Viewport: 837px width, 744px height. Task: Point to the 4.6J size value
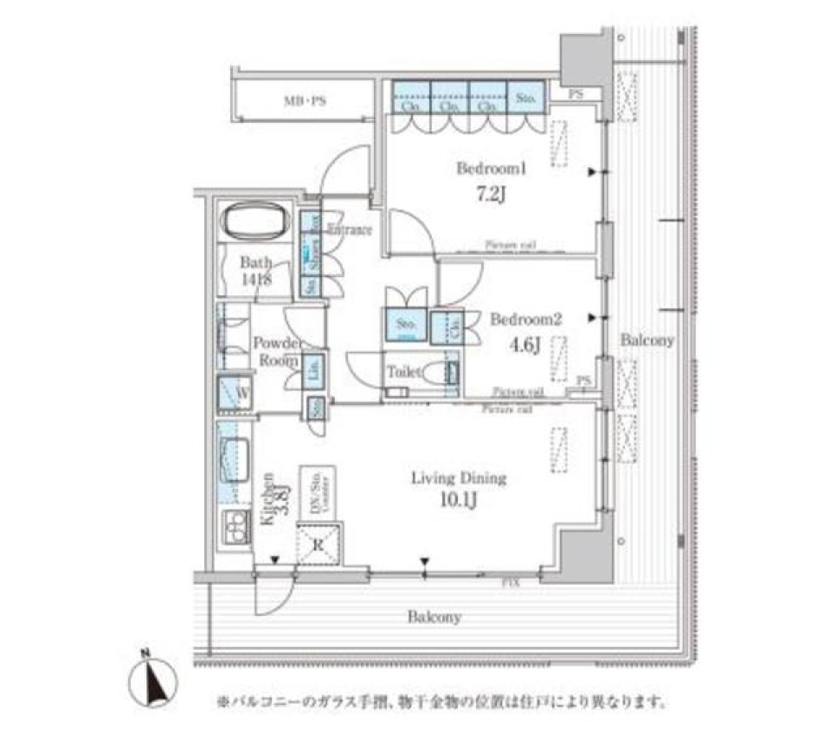pyautogui.click(x=527, y=343)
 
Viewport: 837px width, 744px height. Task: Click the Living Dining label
pyautogui.click(x=459, y=478)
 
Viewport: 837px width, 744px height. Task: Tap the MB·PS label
pyautogui.click(x=303, y=101)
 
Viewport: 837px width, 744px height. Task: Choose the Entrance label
pyautogui.click(x=350, y=230)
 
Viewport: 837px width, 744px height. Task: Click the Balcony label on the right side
pyautogui.click(x=646, y=341)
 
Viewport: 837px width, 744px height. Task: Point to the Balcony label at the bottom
pyautogui.click(x=434, y=618)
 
